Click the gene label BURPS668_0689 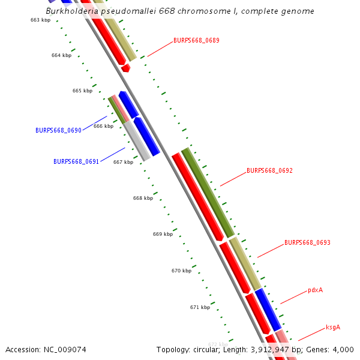coord(196,41)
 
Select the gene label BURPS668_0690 coord(58,130)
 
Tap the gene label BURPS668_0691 coord(76,161)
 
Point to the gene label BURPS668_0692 coord(269,170)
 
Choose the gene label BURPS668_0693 coord(307,243)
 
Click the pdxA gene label coord(315,290)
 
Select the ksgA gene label coord(333,328)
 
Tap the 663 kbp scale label coord(40,20)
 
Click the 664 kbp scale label coord(61,55)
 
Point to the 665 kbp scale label coord(82,91)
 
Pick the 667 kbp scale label coord(123,162)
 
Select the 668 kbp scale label coord(143,198)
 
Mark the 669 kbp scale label coord(163,234)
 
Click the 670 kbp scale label coord(181,271)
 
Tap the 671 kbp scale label coord(200,307)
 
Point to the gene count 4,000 coord(343,349)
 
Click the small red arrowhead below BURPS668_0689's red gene coord(125,68)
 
